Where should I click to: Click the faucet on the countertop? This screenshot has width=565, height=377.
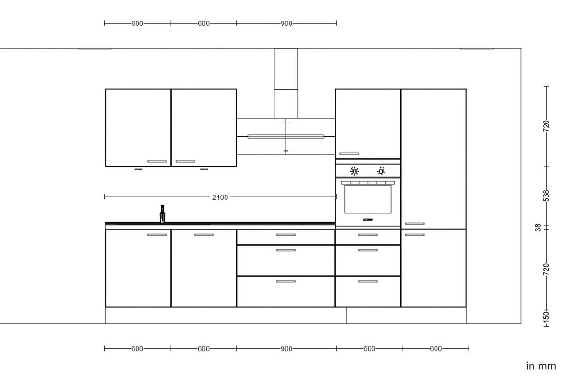point(162,214)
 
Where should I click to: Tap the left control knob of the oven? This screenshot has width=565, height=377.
point(355,171)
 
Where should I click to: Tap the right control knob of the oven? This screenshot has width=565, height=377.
point(381,171)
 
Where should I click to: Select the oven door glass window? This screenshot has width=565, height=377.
point(367,199)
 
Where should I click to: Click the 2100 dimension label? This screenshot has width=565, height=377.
point(220,197)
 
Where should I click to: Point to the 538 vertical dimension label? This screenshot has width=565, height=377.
point(546,196)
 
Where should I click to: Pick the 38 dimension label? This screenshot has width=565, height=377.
point(538,228)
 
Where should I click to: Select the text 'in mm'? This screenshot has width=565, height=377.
point(541,366)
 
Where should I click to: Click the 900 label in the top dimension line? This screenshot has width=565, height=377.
point(286,23)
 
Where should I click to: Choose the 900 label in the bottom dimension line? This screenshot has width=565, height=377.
point(286,349)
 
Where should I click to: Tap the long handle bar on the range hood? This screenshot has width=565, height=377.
point(286,137)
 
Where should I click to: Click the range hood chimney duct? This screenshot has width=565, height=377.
point(286,82)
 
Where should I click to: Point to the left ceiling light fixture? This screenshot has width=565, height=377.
point(95,48)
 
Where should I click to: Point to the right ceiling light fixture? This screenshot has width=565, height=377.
point(477,48)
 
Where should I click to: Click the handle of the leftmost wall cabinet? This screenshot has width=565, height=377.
point(157,161)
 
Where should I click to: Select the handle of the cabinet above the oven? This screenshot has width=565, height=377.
point(349,153)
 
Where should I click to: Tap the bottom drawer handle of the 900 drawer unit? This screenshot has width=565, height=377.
point(286,281)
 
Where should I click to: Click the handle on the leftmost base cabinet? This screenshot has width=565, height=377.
point(157,234)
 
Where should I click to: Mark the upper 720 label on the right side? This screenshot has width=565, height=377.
point(546,125)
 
